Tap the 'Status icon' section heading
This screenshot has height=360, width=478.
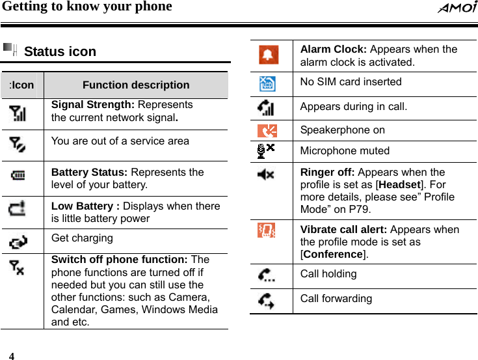[60, 51]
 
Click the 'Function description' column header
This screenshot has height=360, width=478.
[136, 85]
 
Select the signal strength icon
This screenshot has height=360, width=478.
[18, 114]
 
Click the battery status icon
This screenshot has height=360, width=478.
[18, 175]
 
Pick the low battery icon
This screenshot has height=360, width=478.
[18, 209]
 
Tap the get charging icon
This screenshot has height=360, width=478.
[18, 242]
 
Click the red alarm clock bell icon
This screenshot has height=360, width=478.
[268, 55]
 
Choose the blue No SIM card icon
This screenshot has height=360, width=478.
[267, 84]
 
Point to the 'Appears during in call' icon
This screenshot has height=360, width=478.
[266, 107]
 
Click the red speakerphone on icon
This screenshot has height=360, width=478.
[267, 130]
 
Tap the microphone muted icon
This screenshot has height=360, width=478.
[265, 150]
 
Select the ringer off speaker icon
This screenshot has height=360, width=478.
[266, 174]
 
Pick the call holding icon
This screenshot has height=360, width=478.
[266, 275]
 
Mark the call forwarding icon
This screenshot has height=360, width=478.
[266, 300]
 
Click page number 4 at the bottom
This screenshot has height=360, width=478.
[11, 356]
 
